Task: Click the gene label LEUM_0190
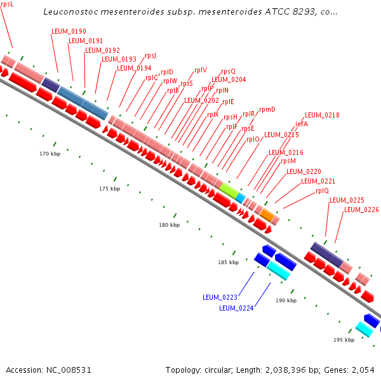(69, 31)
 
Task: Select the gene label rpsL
(6, 4)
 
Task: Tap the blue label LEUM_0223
(220, 297)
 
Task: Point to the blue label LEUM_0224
(236, 308)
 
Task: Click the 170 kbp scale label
(50, 154)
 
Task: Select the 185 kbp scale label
(228, 262)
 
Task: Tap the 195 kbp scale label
(344, 340)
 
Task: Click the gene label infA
(302, 124)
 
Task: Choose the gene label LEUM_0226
(361, 210)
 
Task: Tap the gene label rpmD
(267, 109)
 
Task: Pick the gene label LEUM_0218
(322, 115)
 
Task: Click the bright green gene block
(229, 190)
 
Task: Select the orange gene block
(267, 215)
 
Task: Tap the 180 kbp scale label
(169, 225)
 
